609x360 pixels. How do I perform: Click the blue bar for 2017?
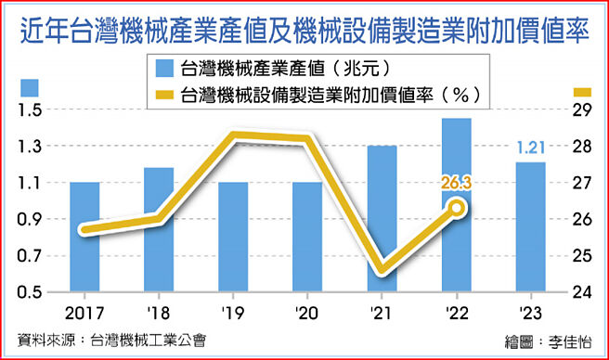[84, 237]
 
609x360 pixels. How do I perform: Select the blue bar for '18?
[159, 229]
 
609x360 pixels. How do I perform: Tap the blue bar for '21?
[382, 218]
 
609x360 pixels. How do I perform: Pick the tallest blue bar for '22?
[456, 205]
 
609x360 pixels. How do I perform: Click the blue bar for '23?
[530, 227]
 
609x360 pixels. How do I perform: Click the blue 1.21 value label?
[530, 146]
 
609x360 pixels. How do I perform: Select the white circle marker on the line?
[457, 208]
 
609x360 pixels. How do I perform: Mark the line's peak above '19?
[234, 136]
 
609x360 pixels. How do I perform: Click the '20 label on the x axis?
[307, 313]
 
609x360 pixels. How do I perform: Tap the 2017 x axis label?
[84, 313]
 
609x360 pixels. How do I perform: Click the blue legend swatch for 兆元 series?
[164, 68]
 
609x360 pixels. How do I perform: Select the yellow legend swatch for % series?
[164, 94]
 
